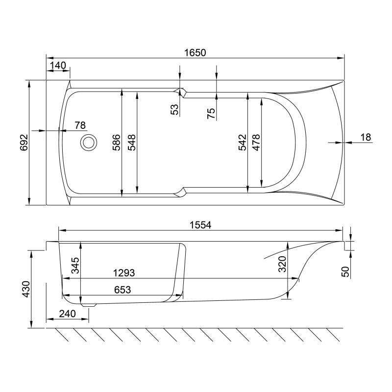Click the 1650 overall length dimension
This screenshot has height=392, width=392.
pos(195,53)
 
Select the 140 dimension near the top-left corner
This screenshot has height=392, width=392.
pos(58,66)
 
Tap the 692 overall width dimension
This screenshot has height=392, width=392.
pos(24,143)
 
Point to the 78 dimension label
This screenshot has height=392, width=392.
pos(80,125)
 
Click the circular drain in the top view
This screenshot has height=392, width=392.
pos(89,143)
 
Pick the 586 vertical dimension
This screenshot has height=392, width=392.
pos(117,143)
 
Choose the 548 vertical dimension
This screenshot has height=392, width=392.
pos(132,143)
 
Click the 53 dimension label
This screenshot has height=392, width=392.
pos(175,109)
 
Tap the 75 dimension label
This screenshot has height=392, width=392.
pos(211,113)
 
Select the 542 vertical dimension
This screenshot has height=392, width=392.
pos(242,143)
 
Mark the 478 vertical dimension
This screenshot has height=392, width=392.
pos(256,143)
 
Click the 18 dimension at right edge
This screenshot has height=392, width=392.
pos(366,137)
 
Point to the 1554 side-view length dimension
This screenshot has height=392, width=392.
pos(200,225)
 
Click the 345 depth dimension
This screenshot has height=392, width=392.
pos(75,265)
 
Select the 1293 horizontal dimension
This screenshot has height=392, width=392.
pos(124,273)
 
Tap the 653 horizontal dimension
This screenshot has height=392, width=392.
pos(122,290)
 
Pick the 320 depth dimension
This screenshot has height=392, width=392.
pos(283,264)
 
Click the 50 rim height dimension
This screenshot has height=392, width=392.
pos(345,271)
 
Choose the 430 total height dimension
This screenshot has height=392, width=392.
pos(26,289)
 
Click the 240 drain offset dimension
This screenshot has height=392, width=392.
pos(67,314)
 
